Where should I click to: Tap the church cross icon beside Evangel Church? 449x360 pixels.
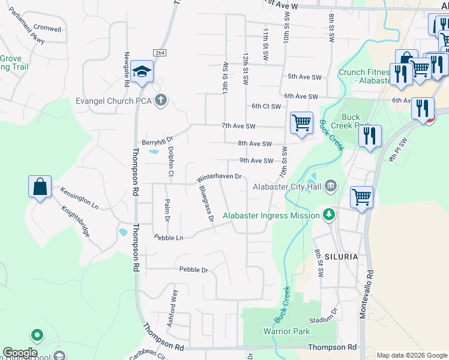click(x=160, y=100)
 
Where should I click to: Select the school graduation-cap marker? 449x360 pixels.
click(x=142, y=73)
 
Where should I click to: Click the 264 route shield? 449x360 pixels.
click(x=159, y=53)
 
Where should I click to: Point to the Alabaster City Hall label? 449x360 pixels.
click(x=287, y=187)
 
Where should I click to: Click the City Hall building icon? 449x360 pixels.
click(x=330, y=187)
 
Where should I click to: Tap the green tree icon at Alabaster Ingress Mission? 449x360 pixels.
click(x=328, y=215)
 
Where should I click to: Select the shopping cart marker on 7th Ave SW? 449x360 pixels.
click(x=301, y=123)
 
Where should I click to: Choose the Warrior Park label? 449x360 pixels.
click(x=286, y=331)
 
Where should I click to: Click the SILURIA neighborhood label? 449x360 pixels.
click(x=342, y=256)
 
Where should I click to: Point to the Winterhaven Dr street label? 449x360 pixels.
click(x=219, y=178)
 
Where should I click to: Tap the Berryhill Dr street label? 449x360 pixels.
click(x=157, y=143)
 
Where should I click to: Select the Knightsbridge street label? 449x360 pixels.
click(x=76, y=221)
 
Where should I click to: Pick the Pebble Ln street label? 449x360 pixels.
click(x=167, y=238)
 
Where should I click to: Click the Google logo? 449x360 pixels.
click(x=20, y=353)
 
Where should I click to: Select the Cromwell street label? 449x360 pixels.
click(x=47, y=28)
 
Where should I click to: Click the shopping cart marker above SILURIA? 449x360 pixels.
click(x=362, y=196)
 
